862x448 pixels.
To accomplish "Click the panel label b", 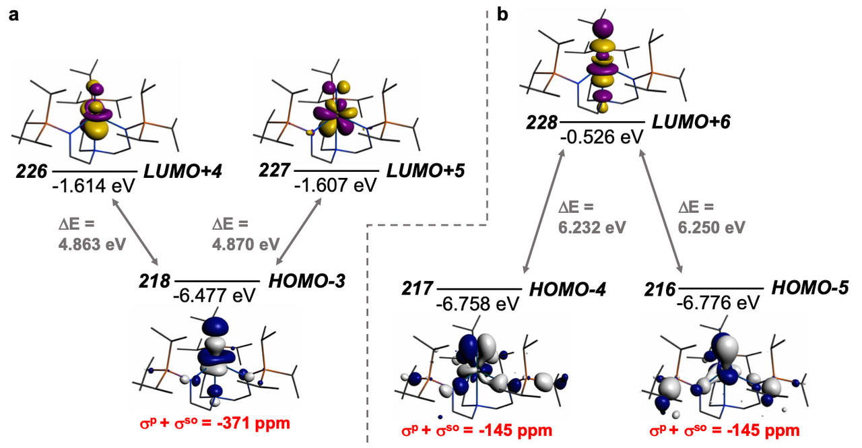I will pyautogui.click(x=502, y=13).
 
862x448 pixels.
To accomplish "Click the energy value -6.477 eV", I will pyautogui.click(x=216, y=295).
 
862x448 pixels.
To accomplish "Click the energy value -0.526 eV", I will pyautogui.click(x=602, y=137).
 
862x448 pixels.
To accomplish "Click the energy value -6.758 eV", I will pyautogui.click(x=477, y=304).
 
